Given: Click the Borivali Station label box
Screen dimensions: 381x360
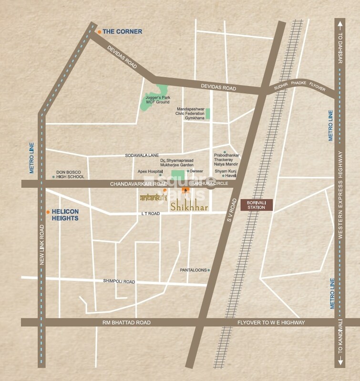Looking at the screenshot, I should (257, 205).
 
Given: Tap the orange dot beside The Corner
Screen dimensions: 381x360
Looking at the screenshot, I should (99, 32).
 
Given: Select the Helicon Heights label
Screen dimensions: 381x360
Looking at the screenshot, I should (65, 215).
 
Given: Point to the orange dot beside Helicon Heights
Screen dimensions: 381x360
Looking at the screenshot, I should (48, 211).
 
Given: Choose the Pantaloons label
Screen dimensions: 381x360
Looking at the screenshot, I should (194, 270).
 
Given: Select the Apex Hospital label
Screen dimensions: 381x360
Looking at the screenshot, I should (150, 171).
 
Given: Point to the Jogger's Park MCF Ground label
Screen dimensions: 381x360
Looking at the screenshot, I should (157, 100).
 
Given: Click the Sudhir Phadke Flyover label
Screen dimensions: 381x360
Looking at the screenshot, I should (299, 86).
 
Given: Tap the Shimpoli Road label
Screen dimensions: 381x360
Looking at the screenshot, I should (119, 281).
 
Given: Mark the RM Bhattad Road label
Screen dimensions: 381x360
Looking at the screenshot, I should (126, 323).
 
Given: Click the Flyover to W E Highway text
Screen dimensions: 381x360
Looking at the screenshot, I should (271, 323).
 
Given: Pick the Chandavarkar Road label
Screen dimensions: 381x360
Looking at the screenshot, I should (139, 184).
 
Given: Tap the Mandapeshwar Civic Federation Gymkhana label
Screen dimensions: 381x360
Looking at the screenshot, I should (191, 113).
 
